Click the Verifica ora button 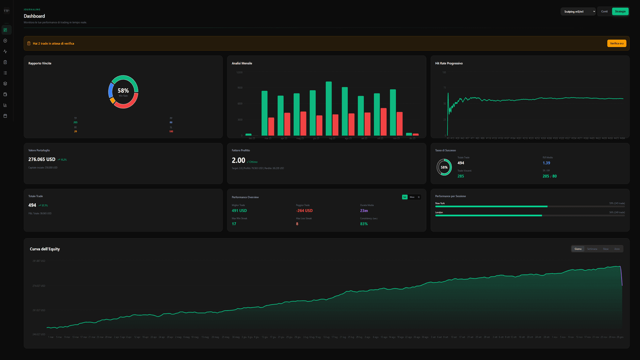pos(616,43)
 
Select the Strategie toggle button pos(620,11)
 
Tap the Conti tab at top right pos(604,11)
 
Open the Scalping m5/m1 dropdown pos(578,11)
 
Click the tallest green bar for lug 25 pos(329,108)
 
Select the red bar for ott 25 pos(383,122)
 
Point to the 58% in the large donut pos(123,91)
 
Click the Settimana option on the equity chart pos(592,249)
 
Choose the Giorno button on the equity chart pos(578,249)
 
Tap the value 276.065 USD pos(42,159)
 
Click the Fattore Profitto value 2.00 pos(238,161)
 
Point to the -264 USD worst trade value pos(304,211)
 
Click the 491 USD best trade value pos(239,211)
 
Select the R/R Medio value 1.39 pos(546,163)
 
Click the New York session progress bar pos(530,207)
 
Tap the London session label pos(439,212)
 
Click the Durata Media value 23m pos(364,211)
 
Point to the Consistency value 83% pos(364,224)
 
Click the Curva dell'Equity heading pos(45,249)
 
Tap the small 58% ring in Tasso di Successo pos(444,167)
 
